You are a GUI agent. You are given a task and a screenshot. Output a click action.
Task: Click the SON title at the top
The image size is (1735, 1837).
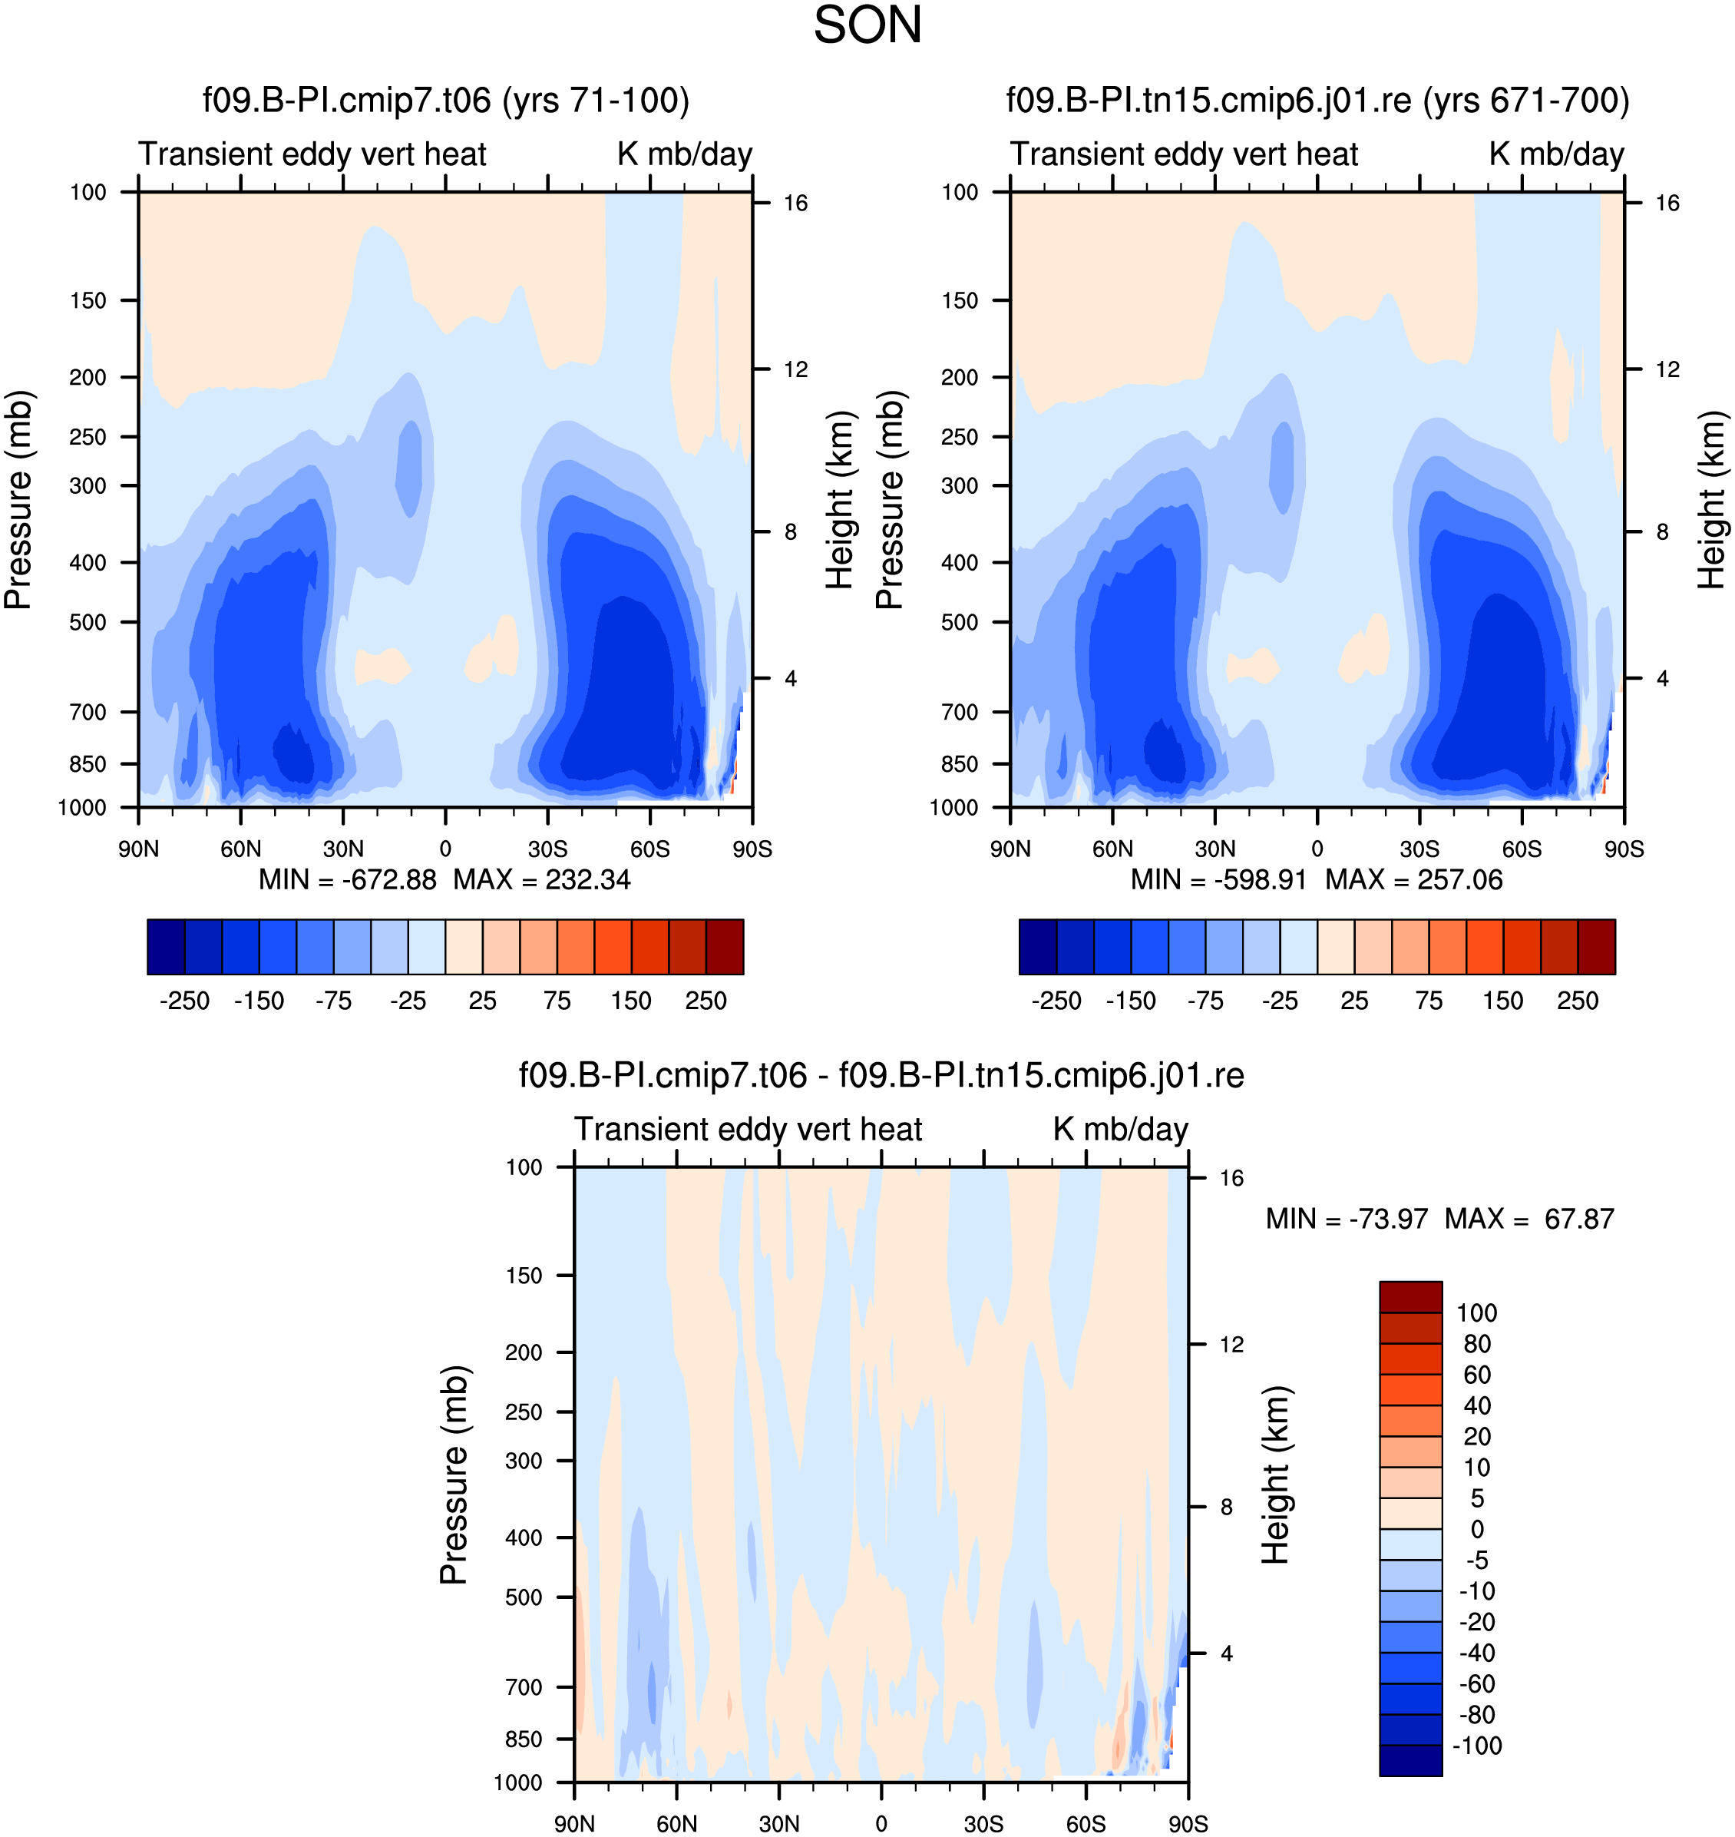pos(867,25)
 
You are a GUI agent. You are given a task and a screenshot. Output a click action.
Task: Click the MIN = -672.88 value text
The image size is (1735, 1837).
pos(347,879)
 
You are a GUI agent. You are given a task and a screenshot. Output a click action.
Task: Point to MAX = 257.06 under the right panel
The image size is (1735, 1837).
pos(1414,879)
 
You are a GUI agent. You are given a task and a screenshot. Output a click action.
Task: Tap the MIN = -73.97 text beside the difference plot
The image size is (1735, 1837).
pos(1347,1219)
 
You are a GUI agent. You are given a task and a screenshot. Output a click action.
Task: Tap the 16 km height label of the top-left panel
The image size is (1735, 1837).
pos(795,203)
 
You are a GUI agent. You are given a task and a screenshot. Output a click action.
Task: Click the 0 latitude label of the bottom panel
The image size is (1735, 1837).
pos(881,1824)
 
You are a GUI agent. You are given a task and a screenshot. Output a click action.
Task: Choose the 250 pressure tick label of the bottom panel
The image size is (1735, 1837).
pos(524,1412)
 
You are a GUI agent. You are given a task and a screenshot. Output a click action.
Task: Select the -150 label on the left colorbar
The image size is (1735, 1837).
pos(259,1001)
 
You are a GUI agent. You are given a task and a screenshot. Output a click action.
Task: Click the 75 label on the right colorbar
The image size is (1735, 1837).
pos(1429,1001)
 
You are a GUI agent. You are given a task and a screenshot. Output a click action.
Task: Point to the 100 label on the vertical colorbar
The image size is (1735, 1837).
pos(1477,1313)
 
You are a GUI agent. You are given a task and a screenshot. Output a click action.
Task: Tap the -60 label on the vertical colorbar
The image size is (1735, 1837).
pos(1477,1683)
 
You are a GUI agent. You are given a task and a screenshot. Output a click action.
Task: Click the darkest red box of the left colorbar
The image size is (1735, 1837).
pos(725,946)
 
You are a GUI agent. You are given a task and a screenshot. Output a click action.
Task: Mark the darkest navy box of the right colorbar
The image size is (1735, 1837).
pos(1038,946)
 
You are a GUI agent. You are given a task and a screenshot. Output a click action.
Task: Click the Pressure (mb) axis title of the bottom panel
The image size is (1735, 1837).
pos(454,1475)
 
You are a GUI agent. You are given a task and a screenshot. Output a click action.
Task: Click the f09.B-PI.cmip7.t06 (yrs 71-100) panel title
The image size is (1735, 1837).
pos(446,100)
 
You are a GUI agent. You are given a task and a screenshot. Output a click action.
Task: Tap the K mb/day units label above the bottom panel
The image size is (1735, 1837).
pos(1120,1130)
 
